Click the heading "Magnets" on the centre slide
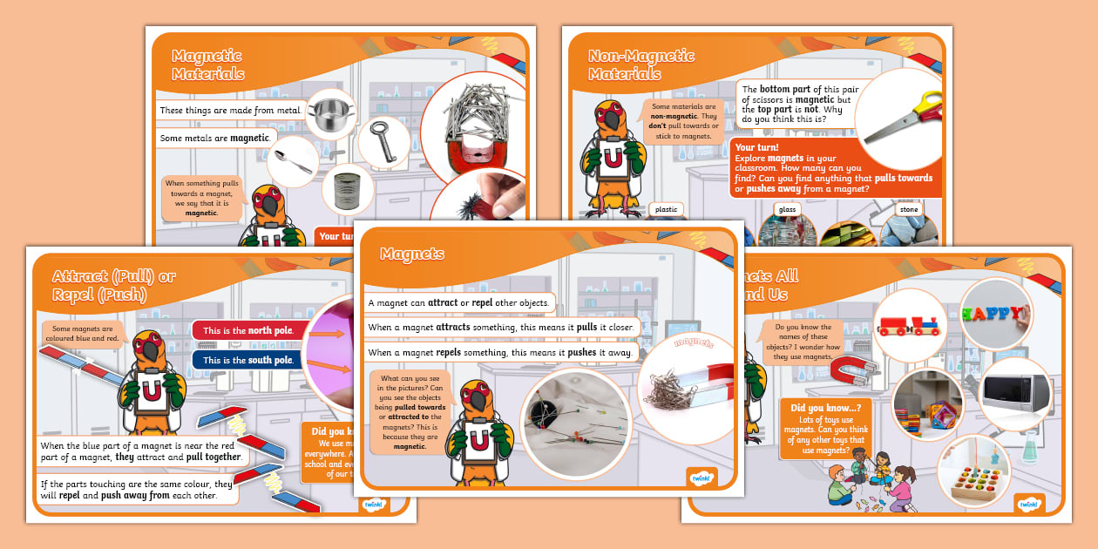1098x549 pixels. click(x=412, y=254)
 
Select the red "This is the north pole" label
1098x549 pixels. click(x=247, y=330)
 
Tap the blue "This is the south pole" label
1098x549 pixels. click(x=247, y=360)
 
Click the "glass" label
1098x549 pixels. click(x=787, y=209)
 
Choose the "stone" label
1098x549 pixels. click(x=908, y=209)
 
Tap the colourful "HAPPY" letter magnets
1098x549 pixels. click(x=996, y=312)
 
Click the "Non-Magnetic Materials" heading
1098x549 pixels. click(x=641, y=64)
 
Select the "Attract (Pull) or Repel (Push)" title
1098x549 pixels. click(x=113, y=285)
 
